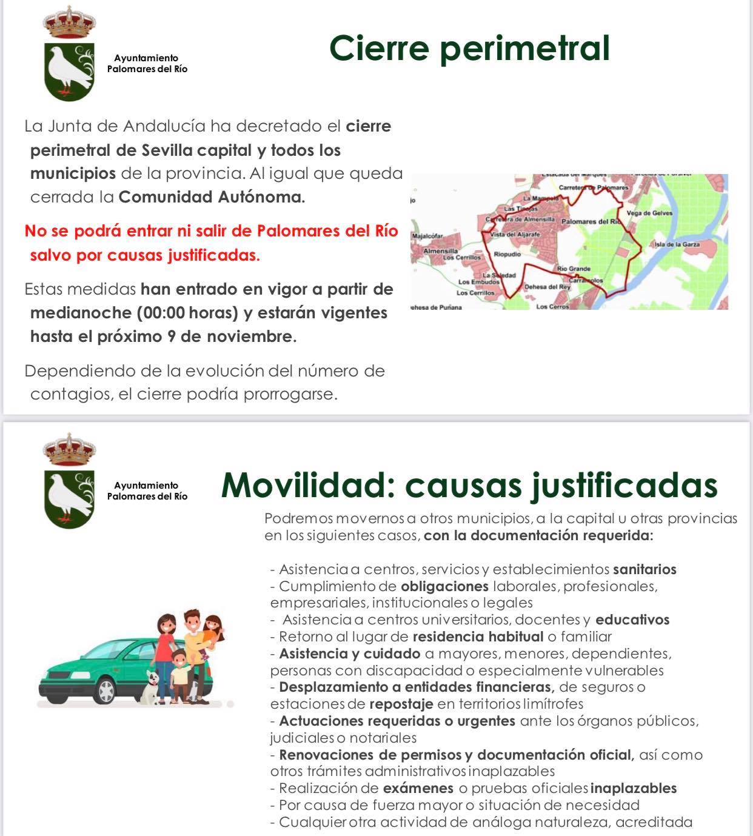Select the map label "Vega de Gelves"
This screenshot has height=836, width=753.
tap(649, 213)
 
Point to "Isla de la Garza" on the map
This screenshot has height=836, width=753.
tap(677, 244)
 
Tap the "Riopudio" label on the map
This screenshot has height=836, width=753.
tap(507, 255)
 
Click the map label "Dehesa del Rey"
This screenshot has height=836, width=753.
tap(547, 287)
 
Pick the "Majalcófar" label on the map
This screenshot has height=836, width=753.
tap(428, 236)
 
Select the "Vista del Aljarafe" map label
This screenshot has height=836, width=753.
tap(515, 234)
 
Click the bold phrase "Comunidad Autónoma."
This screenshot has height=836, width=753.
tap(212, 197)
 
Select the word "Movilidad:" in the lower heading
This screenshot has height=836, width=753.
tap(308, 485)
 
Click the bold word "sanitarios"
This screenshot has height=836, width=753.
tap(644, 569)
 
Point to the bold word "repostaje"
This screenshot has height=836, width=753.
tap(401, 704)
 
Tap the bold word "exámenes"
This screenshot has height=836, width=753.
tap(418, 788)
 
